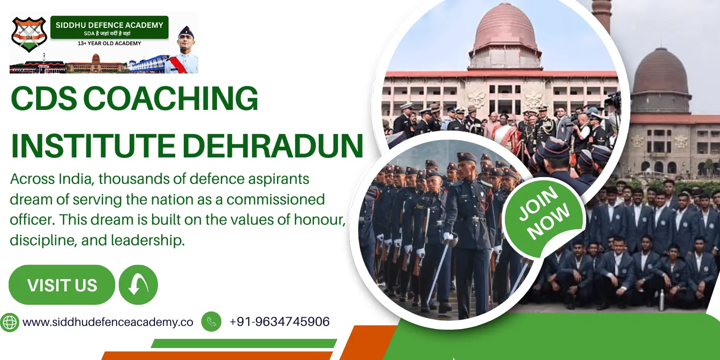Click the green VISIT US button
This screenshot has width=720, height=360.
pos(62,285)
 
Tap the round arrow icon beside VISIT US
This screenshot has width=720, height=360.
pos(138,285)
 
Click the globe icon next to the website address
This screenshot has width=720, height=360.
pos(10,322)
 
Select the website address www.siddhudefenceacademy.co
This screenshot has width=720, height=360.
pos(108,322)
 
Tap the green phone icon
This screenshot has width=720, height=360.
pos(211,322)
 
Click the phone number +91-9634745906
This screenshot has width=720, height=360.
pos(279,322)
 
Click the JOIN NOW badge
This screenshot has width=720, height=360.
pos(544,213)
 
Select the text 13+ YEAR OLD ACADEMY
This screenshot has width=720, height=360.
pos(109,44)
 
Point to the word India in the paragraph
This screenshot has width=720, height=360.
pos(75,179)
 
